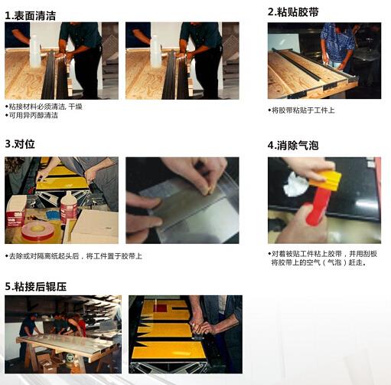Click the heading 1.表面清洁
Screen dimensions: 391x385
30,16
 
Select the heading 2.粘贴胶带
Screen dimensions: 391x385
293,12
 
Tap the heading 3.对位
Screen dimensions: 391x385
20,144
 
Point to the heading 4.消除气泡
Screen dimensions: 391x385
293,146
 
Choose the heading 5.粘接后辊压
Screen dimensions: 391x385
36,287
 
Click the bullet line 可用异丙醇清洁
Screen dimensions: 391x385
31,115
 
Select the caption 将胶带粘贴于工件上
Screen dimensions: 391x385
301,110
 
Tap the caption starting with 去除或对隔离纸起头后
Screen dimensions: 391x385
73,256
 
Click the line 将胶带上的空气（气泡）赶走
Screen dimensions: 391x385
319,262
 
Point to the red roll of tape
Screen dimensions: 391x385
37,231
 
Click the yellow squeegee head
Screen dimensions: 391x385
325,179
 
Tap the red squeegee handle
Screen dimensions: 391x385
319,207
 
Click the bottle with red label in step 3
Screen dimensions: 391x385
68,206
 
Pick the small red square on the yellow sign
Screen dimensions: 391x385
160,308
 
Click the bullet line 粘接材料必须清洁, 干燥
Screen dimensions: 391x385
44,107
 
